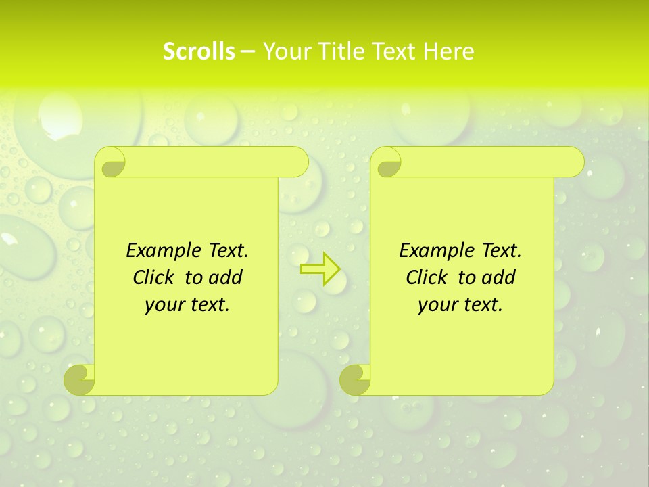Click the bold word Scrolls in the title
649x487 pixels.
(199, 51)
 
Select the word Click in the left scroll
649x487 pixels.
(156, 278)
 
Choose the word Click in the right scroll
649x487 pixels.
(429, 278)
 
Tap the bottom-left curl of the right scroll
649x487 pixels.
(355, 380)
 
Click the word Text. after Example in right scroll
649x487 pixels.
(501, 251)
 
